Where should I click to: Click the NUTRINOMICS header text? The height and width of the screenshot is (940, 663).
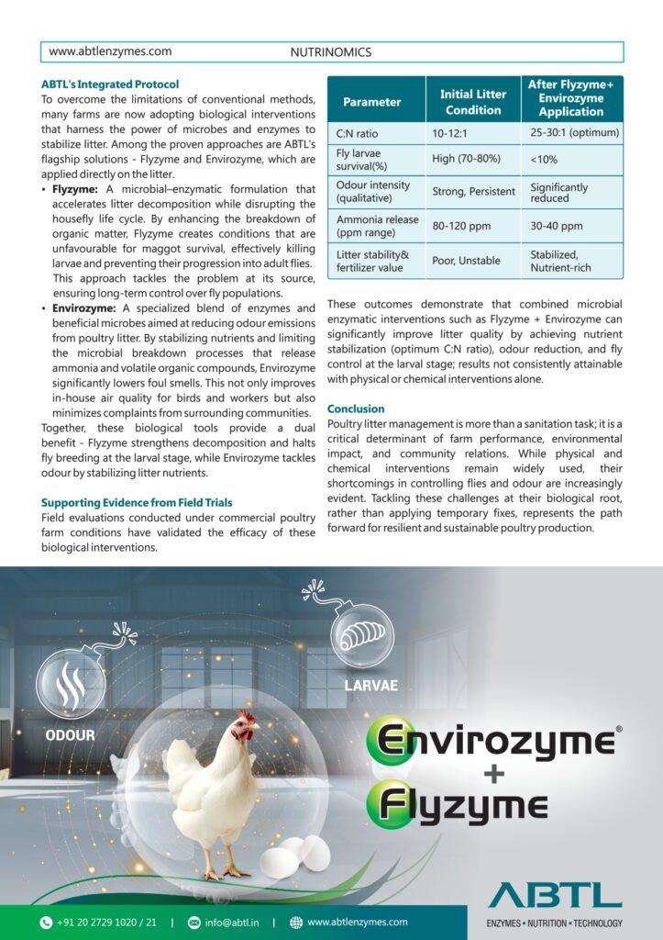click(x=330, y=52)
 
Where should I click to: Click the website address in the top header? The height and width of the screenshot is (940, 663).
click(x=110, y=52)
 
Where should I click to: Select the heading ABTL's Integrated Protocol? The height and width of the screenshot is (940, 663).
click(x=110, y=84)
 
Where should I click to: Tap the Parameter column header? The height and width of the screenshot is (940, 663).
click(x=371, y=102)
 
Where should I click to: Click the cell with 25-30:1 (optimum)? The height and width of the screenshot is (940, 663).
click(x=574, y=133)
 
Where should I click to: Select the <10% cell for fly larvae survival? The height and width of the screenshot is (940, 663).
click(x=544, y=159)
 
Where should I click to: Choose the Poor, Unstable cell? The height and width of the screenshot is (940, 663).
click(x=466, y=261)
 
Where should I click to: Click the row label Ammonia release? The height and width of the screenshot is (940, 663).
click(x=377, y=220)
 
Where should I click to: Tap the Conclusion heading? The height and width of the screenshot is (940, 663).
click(x=356, y=408)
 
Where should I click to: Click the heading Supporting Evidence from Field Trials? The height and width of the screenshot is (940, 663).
click(x=137, y=503)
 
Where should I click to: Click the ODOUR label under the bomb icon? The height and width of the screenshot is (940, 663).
click(x=70, y=735)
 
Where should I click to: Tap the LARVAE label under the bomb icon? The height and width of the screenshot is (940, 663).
click(x=370, y=686)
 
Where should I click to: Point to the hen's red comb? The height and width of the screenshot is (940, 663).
click(x=246, y=717)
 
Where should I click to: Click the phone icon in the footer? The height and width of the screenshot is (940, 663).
click(x=46, y=923)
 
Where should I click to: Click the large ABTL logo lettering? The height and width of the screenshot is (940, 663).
click(x=555, y=895)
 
